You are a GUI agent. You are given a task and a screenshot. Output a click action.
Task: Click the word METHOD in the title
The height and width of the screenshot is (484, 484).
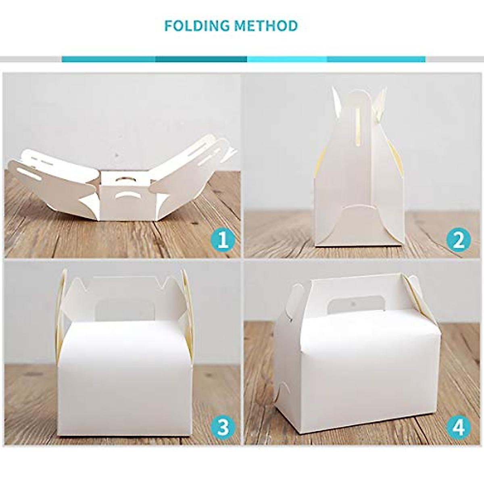coord(267,26)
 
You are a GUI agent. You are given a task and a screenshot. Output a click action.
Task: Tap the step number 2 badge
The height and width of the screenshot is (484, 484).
coord(458,241)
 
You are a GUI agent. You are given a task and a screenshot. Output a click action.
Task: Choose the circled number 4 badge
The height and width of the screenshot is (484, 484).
coord(458,428)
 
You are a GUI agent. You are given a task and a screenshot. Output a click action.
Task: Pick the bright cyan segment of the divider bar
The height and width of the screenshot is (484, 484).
coord(287,59)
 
